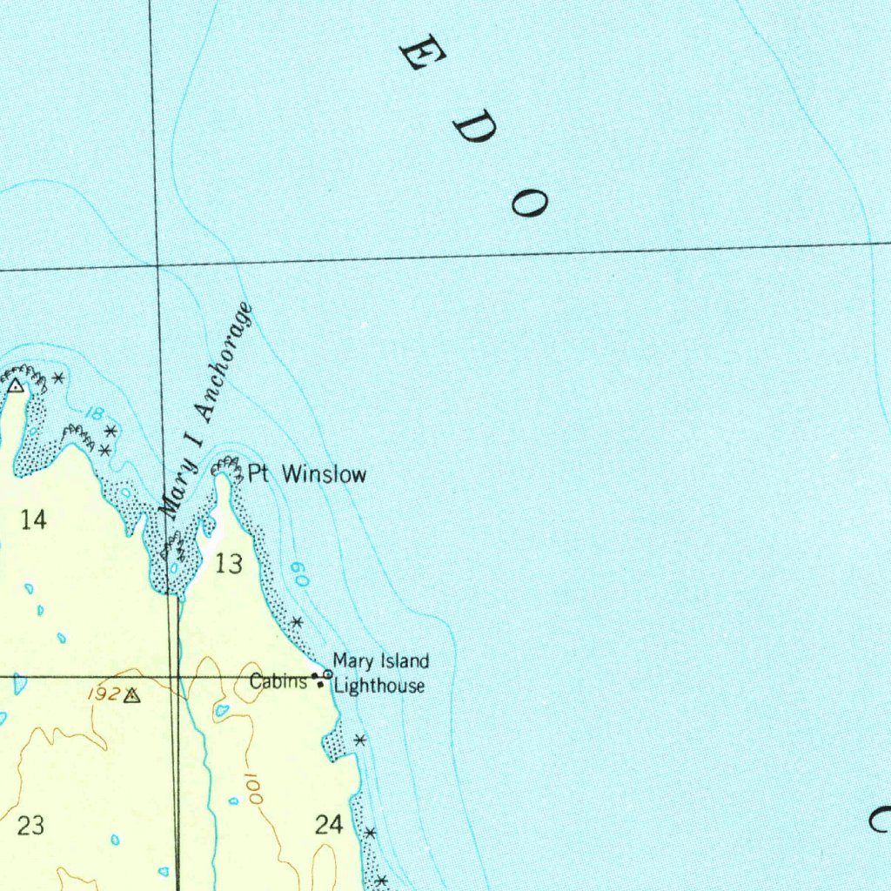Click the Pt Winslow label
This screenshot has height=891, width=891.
click(x=307, y=474)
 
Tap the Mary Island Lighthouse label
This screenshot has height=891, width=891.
click(x=381, y=673)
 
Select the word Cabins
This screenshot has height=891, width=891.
click(x=278, y=681)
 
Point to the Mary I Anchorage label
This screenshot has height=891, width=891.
click(x=205, y=411)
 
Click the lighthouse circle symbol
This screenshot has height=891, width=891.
click(x=328, y=673)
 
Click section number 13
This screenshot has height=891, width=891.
click(x=229, y=565)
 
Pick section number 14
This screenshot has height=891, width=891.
click(x=33, y=520)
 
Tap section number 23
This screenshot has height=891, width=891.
click(x=30, y=825)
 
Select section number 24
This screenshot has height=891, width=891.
click(x=329, y=825)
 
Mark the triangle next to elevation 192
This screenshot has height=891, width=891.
click(x=131, y=695)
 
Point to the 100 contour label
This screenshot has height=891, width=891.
click(x=251, y=791)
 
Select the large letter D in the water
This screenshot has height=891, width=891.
click(x=474, y=128)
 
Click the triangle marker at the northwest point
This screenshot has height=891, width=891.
click(x=16, y=385)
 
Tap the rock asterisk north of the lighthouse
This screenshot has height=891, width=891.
click(x=297, y=622)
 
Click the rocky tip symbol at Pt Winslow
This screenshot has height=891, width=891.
click(x=228, y=468)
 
